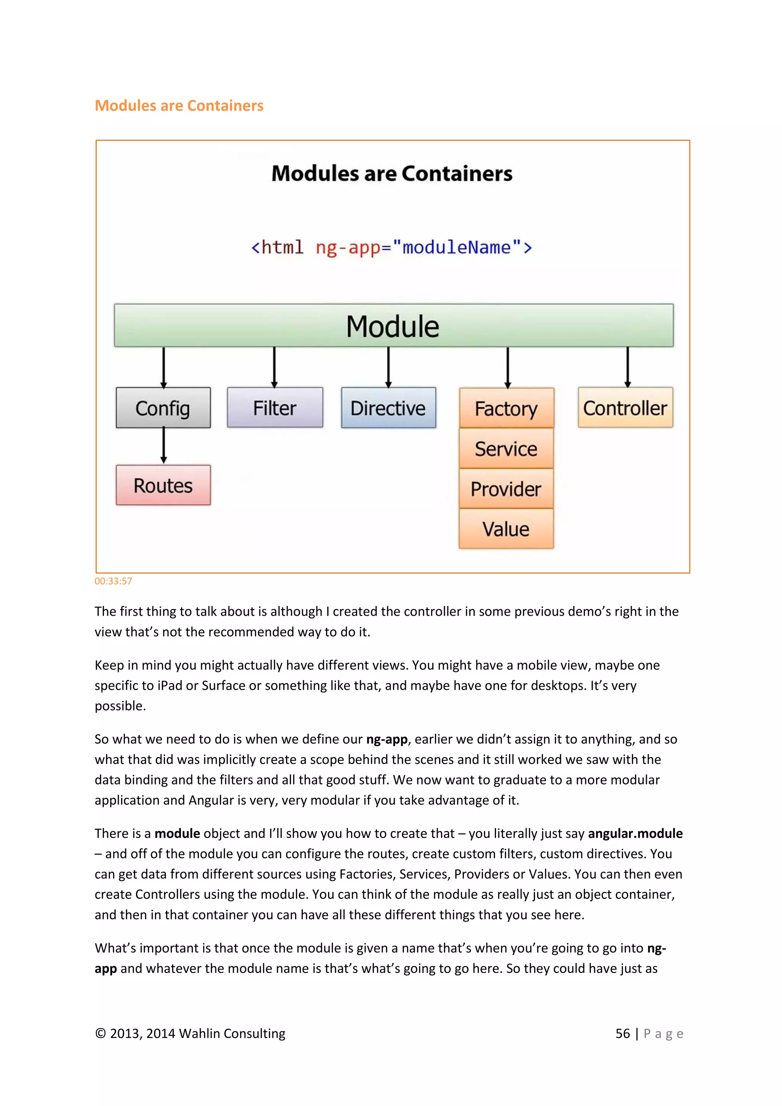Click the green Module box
pyautogui.click(x=393, y=325)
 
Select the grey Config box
pyautogui.click(x=163, y=407)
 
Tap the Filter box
pyautogui.click(x=275, y=407)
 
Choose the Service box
pyautogui.click(x=506, y=448)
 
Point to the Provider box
pyautogui.click(x=506, y=489)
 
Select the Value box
pyautogui.click(x=506, y=529)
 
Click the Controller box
pyautogui.click(x=625, y=407)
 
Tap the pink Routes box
pyautogui.click(x=163, y=485)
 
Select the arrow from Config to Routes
pyautogui.click(x=164, y=446)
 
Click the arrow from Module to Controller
pyautogui.click(x=627, y=367)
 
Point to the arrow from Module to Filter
pyautogui.click(x=275, y=367)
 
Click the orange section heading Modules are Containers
pyautogui.click(x=179, y=105)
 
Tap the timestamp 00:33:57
pyautogui.click(x=113, y=581)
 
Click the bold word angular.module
pyautogui.click(x=635, y=833)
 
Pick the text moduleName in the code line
pyautogui.click(x=456, y=247)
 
